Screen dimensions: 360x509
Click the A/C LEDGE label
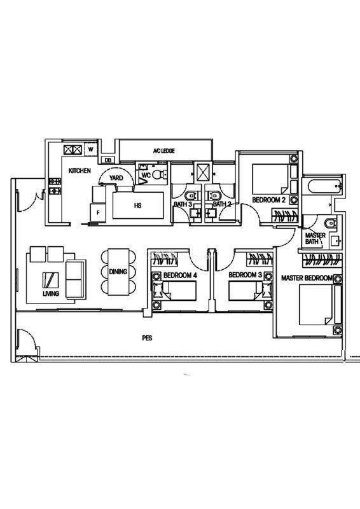(164, 151)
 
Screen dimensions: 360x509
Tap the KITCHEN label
(80, 171)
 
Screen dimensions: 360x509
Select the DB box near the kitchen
(107, 160)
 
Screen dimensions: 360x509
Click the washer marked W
(91, 150)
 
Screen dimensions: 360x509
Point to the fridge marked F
(98, 213)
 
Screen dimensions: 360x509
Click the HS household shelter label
(137, 206)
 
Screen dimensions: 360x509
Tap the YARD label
(116, 178)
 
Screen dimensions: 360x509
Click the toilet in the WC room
(159, 174)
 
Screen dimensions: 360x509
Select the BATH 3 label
(183, 204)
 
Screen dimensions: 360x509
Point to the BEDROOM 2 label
(269, 200)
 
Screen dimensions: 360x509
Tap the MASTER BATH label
(315, 239)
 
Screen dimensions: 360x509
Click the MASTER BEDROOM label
(307, 278)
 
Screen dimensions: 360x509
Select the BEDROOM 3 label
(245, 275)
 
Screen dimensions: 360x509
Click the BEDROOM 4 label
(180, 275)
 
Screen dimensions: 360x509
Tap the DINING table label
(118, 272)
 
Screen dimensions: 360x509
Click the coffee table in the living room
(51, 280)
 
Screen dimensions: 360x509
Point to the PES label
(147, 338)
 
